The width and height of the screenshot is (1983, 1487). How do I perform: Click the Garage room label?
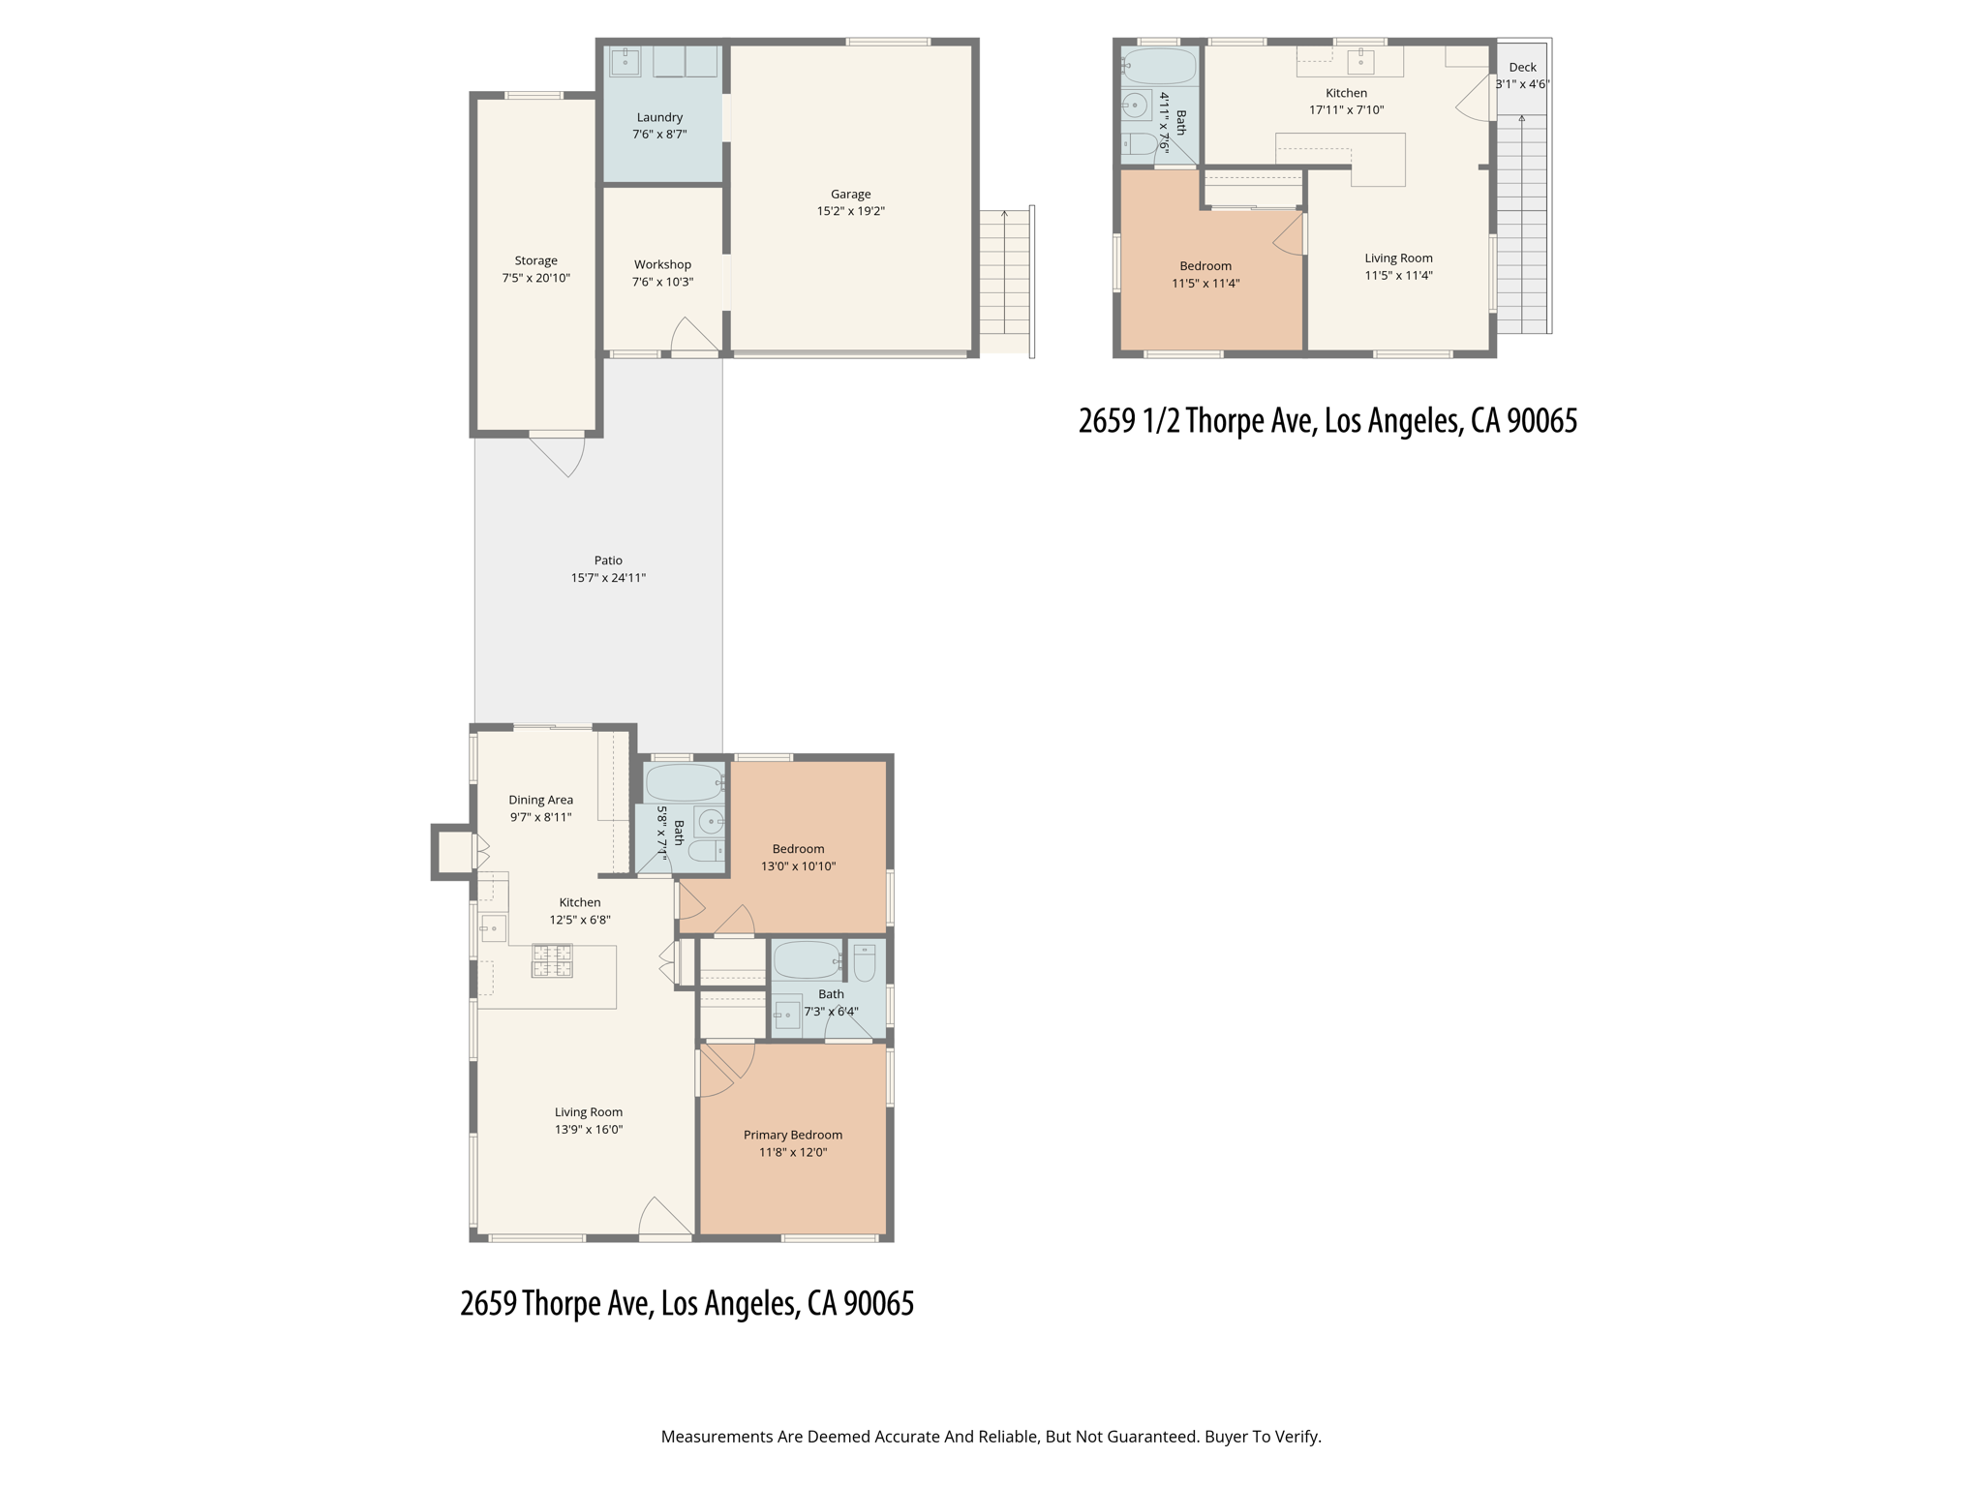(x=850, y=194)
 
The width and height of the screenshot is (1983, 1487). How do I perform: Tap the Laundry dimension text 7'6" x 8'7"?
(x=659, y=135)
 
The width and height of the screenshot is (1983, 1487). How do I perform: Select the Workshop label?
(x=662, y=264)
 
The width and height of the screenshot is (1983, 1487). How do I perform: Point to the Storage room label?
(x=535, y=260)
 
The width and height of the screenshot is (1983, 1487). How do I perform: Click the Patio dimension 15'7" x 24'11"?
(x=608, y=578)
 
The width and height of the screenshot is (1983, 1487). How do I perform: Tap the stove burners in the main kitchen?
(x=552, y=961)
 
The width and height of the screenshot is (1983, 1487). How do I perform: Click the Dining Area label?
(x=540, y=800)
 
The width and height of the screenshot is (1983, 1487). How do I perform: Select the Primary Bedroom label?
(x=792, y=1135)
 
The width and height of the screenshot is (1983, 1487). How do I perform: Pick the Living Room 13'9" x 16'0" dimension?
(x=589, y=1130)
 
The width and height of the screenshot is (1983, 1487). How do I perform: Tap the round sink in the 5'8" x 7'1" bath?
(x=710, y=822)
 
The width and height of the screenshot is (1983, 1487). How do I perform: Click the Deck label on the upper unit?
(x=1522, y=67)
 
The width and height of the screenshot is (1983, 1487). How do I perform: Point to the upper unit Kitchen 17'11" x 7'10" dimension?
(x=1346, y=110)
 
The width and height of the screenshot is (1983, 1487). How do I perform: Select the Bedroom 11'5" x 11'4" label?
(x=1205, y=266)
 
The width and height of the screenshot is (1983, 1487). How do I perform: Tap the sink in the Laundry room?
(x=625, y=62)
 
